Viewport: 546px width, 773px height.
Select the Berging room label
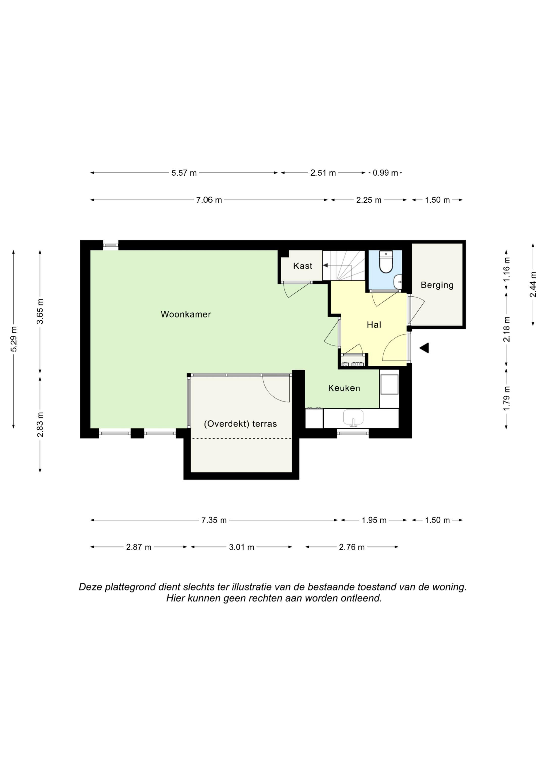pyautogui.click(x=437, y=285)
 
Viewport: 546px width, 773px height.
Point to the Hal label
pyautogui.click(x=374, y=325)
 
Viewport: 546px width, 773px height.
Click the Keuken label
pyautogui.click(x=344, y=388)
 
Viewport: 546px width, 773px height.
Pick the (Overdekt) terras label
pyautogui.click(x=241, y=424)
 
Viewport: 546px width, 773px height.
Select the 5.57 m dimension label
pyautogui.click(x=184, y=173)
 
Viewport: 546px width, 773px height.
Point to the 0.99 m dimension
pyautogui.click(x=385, y=173)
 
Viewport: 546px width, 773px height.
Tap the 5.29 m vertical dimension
pyautogui.click(x=13, y=339)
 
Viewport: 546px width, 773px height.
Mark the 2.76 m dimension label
pyautogui.click(x=352, y=547)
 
